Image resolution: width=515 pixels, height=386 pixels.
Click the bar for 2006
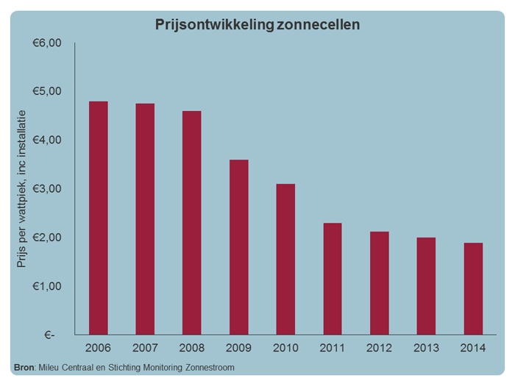coord(98,218)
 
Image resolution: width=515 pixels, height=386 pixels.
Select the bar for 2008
coord(191,223)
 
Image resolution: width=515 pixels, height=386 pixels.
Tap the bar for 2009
coord(238,247)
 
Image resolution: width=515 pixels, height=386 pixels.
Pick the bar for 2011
coord(333,279)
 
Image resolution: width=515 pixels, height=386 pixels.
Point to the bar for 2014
coord(473,288)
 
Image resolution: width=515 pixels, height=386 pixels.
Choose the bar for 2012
coord(380,283)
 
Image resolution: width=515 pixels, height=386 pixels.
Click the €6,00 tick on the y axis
coord(48,43)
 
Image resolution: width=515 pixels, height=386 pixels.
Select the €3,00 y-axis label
coord(48,189)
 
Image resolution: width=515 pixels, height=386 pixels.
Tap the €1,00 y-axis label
coord(48,286)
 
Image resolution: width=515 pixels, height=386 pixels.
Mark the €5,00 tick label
coord(48,92)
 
